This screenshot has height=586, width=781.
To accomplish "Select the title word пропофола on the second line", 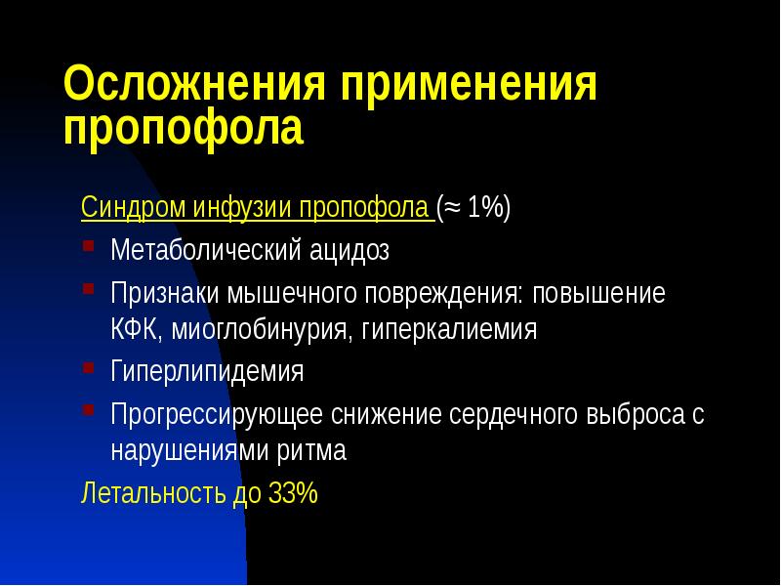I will coord(184,130).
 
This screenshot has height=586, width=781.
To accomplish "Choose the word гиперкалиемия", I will coord(449,328).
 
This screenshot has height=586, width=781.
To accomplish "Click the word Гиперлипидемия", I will coord(207,372).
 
